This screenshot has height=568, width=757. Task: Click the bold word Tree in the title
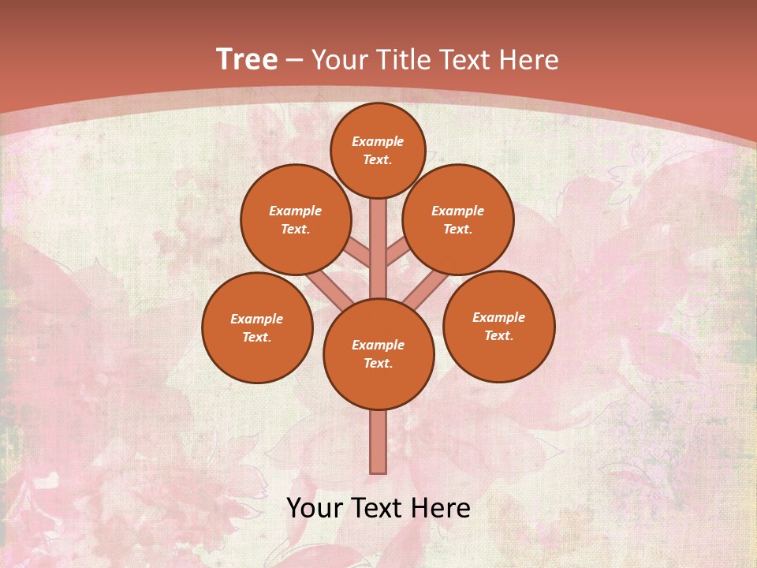pos(247,60)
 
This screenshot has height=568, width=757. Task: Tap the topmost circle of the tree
pos(378,150)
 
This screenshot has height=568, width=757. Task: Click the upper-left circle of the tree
pos(295,219)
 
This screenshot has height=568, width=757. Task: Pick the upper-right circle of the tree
pos(457,219)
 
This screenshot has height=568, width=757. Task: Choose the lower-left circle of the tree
pos(257,327)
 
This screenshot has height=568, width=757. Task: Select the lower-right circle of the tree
pos(498,326)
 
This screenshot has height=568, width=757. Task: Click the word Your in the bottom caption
pos(313,508)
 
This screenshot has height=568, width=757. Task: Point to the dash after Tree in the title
pos(295,61)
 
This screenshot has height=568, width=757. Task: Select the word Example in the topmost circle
pos(378,141)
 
